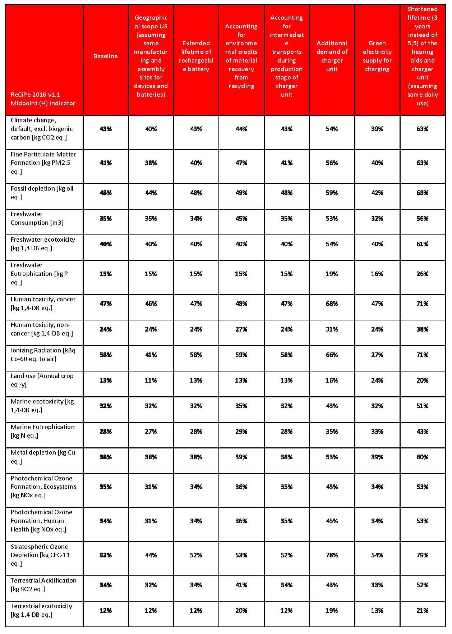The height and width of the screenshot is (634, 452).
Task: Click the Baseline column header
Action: coord(105,56)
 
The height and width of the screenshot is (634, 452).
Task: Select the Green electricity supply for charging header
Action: coord(377,56)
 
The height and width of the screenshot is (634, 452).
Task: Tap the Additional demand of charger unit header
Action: coord(332,56)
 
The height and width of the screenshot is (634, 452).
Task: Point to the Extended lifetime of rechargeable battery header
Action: coord(196,56)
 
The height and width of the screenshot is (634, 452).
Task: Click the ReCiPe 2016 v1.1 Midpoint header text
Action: coord(43,99)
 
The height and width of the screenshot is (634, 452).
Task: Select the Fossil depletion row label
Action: coord(42,193)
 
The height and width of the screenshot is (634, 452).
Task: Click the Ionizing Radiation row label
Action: coord(43,355)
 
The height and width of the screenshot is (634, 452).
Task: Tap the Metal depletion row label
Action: coord(43,457)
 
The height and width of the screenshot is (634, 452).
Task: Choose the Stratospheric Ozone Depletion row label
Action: coord(40,555)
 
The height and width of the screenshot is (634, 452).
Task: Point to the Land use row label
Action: coord(42,380)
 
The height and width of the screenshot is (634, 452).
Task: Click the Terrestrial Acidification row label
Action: coord(43,585)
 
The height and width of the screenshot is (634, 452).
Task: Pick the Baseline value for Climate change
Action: coord(106,129)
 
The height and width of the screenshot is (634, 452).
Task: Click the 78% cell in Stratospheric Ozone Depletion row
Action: coord(332,555)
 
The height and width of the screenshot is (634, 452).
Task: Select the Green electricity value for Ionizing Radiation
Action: coord(377,355)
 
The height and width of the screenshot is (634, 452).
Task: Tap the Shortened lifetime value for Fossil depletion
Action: coord(422,193)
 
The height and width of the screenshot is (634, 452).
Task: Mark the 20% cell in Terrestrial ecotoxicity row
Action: coord(241,610)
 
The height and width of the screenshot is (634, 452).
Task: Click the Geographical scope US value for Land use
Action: coord(151,380)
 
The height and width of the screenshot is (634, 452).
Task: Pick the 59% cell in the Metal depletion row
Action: coord(241,457)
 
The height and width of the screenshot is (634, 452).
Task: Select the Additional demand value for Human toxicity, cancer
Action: coord(332,304)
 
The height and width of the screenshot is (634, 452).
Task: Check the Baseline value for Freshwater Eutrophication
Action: coord(106,274)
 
